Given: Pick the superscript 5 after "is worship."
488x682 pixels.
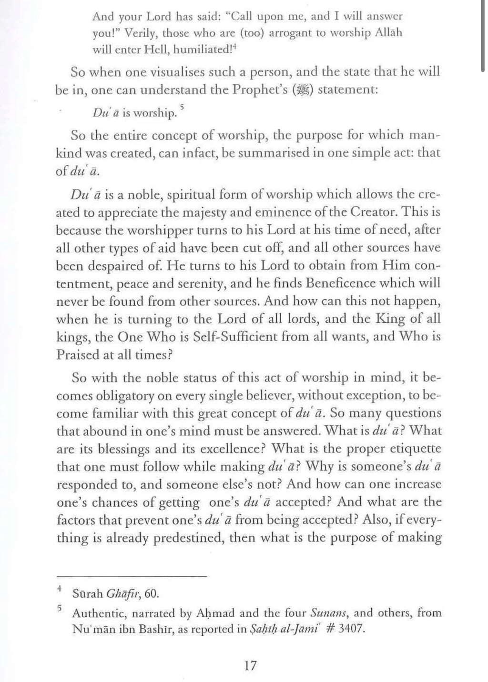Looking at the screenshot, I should coord(182,108).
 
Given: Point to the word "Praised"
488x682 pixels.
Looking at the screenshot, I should coord(80,355).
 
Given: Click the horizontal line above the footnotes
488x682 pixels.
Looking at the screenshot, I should coord(132,577).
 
